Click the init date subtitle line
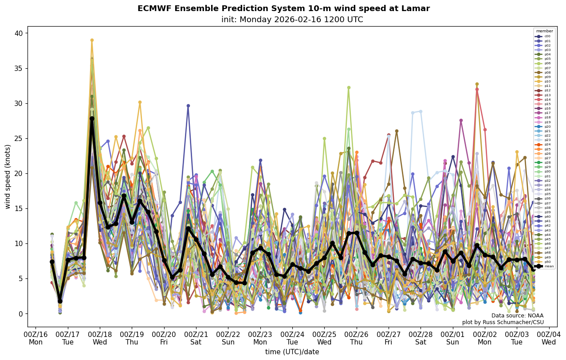292,20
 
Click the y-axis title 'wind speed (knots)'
8,176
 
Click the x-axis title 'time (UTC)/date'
292,352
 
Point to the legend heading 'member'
545,31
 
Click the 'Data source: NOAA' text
517,316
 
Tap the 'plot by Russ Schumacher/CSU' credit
503,322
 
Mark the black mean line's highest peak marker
92,118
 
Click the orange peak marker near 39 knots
92,40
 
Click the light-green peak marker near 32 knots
349,88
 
